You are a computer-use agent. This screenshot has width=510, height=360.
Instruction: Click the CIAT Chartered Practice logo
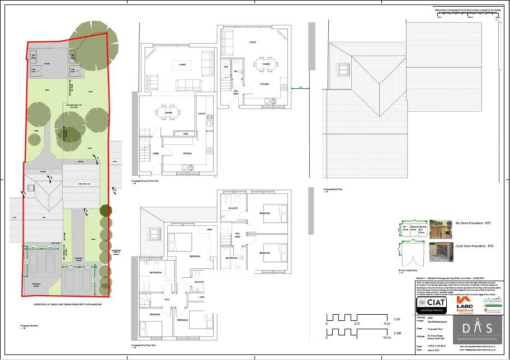(432, 305)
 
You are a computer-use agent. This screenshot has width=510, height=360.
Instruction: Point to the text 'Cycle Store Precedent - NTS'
(474, 246)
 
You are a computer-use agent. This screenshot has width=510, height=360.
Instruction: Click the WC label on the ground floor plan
(237, 72)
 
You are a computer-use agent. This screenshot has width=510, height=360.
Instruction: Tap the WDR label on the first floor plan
(210, 230)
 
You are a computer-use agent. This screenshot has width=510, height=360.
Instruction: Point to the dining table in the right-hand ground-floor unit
(262, 64)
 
